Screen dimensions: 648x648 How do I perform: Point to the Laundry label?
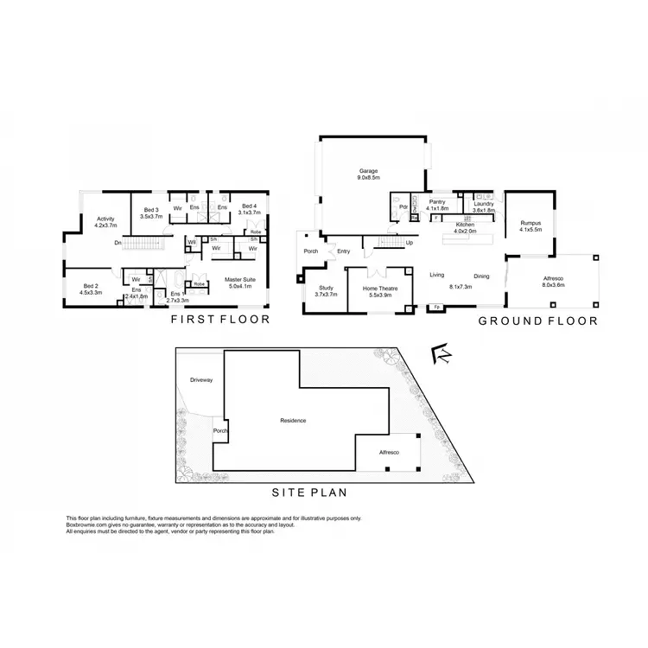click(x=484, y=205)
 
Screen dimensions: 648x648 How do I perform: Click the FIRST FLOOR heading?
click(x=219, y=320)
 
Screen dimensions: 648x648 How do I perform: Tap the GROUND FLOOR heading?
click(x=538, y=320)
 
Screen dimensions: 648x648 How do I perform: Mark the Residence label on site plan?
click(x=294, y=421)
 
